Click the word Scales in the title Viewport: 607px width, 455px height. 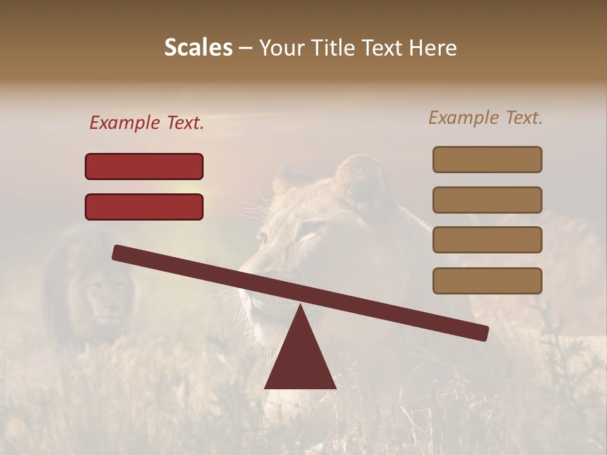[198, 47]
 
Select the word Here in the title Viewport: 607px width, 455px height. [433, 47]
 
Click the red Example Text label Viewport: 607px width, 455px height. [147, 123]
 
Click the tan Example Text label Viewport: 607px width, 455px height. [486, 118]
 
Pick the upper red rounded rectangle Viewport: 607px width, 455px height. [144, 166]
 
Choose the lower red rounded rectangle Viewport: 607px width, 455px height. [144, 207]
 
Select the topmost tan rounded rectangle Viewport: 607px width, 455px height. [487, 159]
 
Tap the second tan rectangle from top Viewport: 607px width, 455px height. [487, 200]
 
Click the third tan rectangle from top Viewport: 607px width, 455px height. [487, 240]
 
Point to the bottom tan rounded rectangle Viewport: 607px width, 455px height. [487, 281]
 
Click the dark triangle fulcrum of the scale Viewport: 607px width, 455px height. [300, 360]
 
